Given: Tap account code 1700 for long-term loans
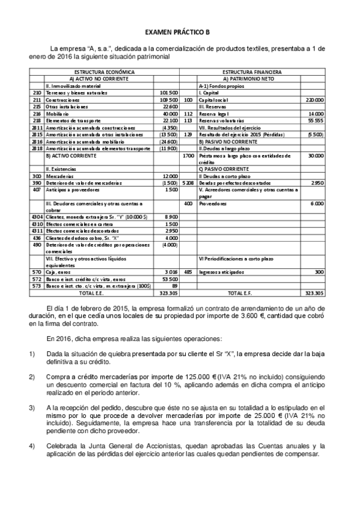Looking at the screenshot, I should (189, 155).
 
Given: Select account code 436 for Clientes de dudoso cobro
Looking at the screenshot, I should (37, 238).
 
